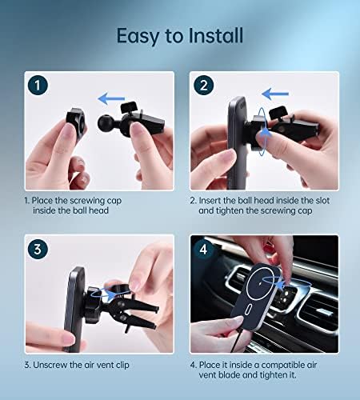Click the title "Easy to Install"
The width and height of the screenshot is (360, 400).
(179, 36)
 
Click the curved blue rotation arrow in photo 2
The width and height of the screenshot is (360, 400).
(266, 133)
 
